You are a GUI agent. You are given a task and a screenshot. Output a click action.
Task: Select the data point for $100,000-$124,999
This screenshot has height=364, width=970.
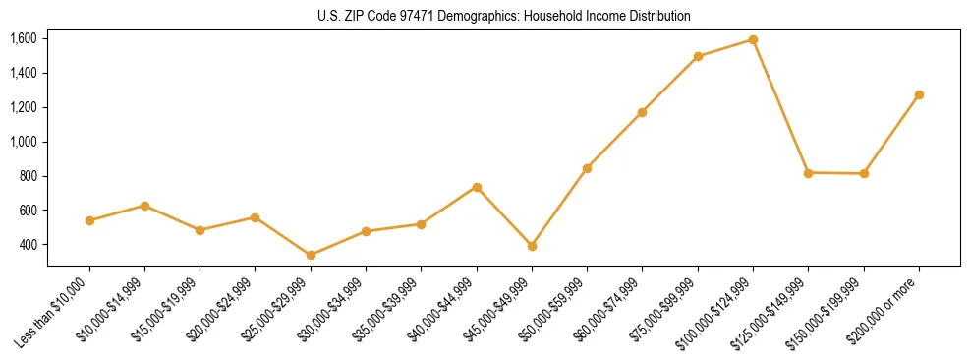pyautogui.click(x=753, y=39)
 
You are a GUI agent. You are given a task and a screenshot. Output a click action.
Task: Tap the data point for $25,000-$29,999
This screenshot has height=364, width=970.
pyautogui.click(x=311, y=255)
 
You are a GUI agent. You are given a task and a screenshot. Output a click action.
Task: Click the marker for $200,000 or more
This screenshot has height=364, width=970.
pyautogui.click(x=919, y=94)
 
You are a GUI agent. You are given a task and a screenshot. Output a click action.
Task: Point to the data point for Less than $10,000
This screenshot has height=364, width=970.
pyautogui.click(x=89, y=220)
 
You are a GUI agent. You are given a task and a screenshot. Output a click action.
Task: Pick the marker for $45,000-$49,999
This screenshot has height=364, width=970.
pyautogui.click(x=532, y=246)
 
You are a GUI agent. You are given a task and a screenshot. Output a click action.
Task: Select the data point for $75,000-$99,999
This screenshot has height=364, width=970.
pyautogui.click(x=698, y=56)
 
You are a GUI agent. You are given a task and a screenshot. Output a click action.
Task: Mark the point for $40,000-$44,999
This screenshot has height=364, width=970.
pyautogui.click(x=477, y=187)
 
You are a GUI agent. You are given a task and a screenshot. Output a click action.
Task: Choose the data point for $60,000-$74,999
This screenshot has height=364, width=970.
pyautogui.click(x=642, y=112)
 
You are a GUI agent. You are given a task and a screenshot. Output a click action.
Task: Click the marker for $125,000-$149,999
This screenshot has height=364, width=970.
pyautogui.click(x=808, y=173)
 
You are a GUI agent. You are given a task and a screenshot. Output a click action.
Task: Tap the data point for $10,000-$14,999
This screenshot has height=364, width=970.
pyautogui.click(x=144, y=206)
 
